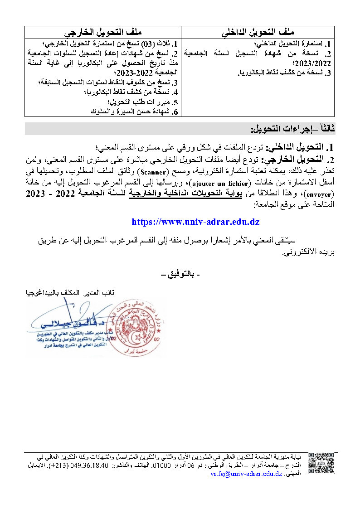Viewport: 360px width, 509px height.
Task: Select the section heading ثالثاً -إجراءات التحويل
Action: pyautogui.click(x=292, y=129)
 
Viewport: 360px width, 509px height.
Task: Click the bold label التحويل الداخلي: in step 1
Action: pyautogui.click(x=296, y=148)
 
